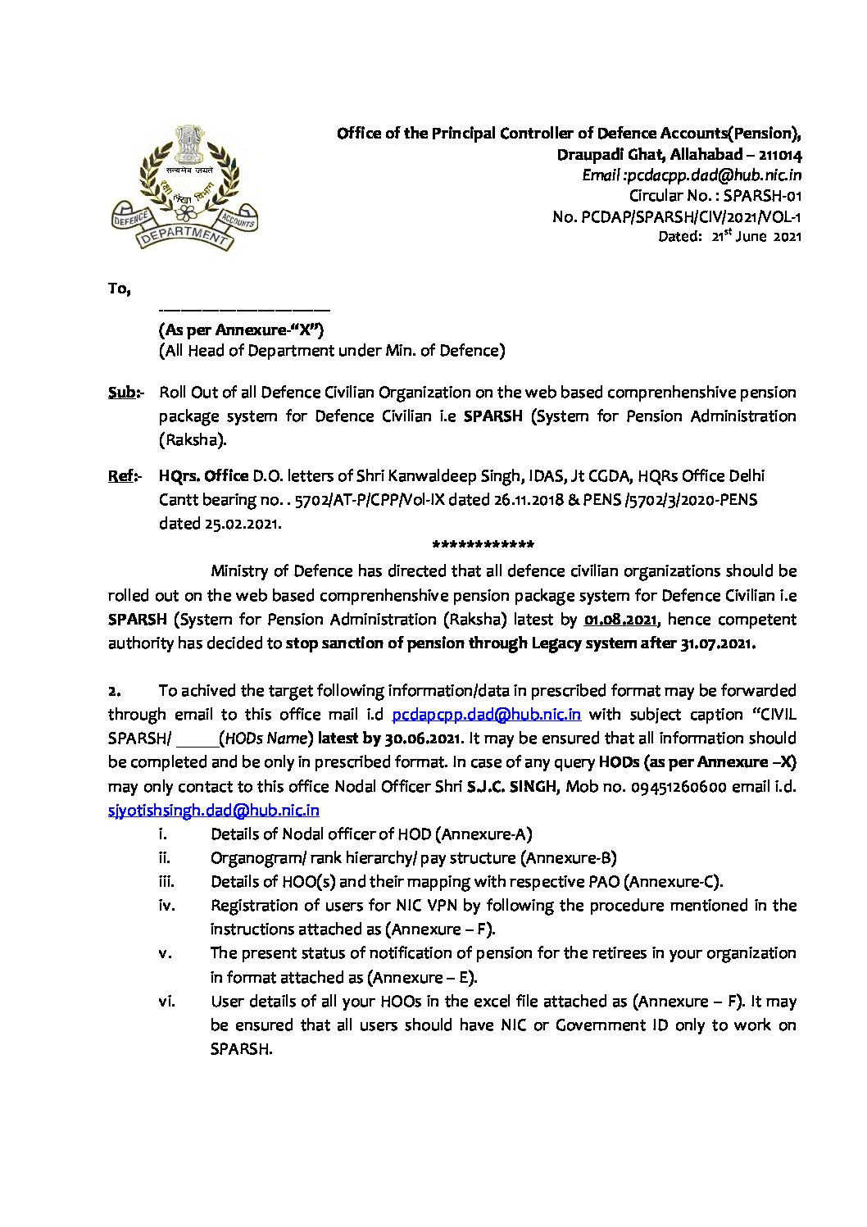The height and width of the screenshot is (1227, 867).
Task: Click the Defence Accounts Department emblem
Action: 184,188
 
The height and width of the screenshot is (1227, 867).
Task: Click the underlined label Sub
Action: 121,393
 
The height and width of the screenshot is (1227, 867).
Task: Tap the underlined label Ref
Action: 121,476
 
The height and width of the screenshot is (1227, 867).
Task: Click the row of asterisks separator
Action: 483,546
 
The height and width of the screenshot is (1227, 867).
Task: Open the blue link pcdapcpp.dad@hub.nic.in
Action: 487,715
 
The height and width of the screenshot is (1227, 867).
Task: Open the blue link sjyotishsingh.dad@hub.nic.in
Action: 213,811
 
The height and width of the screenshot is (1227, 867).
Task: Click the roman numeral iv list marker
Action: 164,906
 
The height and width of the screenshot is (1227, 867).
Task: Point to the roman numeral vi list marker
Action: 164,1002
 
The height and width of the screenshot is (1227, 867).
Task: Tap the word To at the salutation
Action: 119,289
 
